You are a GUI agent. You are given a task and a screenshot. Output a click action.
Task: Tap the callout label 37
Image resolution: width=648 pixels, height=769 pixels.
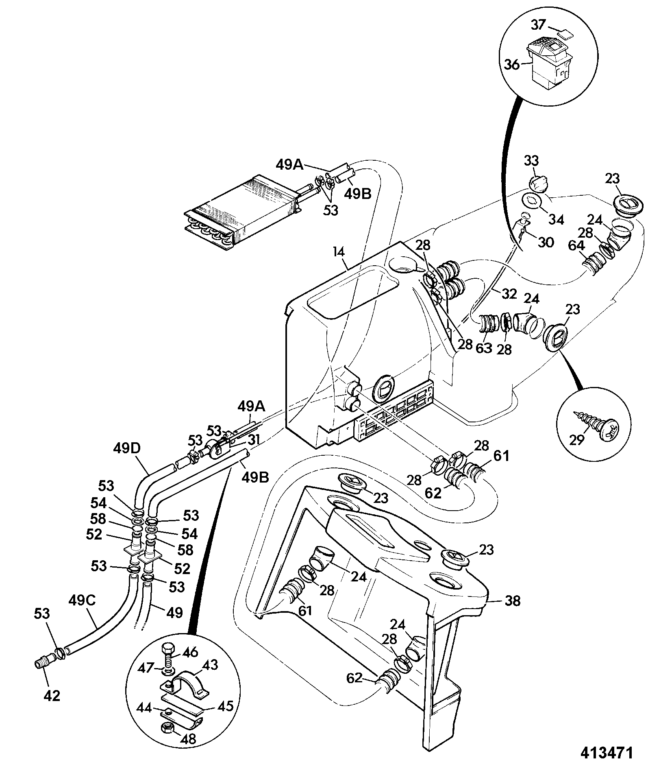point(537,26)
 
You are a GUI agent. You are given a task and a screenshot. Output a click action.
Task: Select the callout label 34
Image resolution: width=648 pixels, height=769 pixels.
point(556,220)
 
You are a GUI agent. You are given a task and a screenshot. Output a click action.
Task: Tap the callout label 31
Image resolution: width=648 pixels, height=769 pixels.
point(253,440)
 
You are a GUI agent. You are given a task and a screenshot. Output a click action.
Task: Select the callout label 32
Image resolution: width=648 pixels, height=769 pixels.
point(509,294)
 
